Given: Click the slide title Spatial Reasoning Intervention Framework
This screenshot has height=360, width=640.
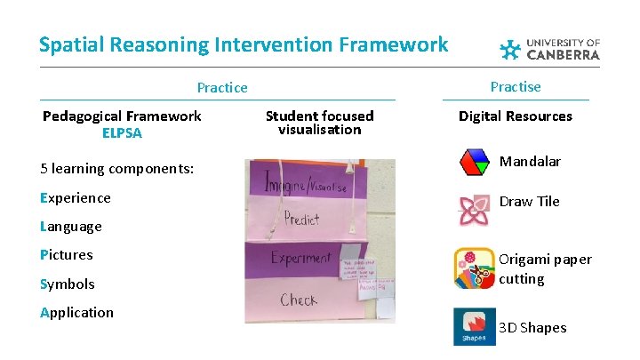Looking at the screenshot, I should click(244, 44).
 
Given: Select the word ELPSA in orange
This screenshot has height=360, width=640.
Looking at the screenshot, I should click(122, 133).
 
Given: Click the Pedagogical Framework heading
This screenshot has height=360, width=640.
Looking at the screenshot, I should click(122, 116).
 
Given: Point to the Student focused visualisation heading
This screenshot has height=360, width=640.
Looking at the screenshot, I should click(320, 123).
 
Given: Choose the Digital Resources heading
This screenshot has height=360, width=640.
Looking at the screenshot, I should click(516, 116).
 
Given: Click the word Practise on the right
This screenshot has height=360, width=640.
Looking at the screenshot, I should click(516, 86).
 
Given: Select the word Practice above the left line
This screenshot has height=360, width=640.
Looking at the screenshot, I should click(222, 87).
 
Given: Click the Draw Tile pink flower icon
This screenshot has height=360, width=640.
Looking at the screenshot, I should click(474, 210).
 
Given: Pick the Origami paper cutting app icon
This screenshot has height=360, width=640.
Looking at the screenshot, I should click(474, 268).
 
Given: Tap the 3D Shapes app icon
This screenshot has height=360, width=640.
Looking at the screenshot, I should click(474, 326).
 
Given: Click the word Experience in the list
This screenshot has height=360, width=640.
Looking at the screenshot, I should click(76, 197).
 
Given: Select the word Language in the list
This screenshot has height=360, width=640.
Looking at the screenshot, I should click(71, 227).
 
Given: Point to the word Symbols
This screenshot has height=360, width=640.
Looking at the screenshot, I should click(68, 284).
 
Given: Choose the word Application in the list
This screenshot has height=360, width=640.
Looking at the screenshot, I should click(77, 312).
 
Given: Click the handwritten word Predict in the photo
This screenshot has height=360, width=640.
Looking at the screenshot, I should click(302, 219).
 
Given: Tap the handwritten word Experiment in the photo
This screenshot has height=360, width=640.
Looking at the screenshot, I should click(300, 258).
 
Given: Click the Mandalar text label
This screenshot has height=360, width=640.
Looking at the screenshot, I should click(530, 162).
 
